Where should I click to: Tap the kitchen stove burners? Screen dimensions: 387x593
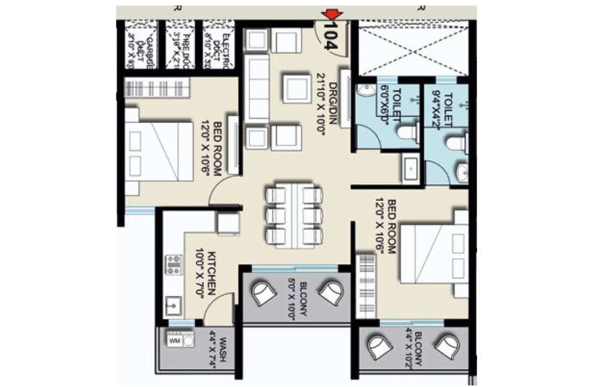[174, 265]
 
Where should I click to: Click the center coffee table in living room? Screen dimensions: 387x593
[296, 88]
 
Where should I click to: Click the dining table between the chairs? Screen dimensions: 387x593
[294, 215]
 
